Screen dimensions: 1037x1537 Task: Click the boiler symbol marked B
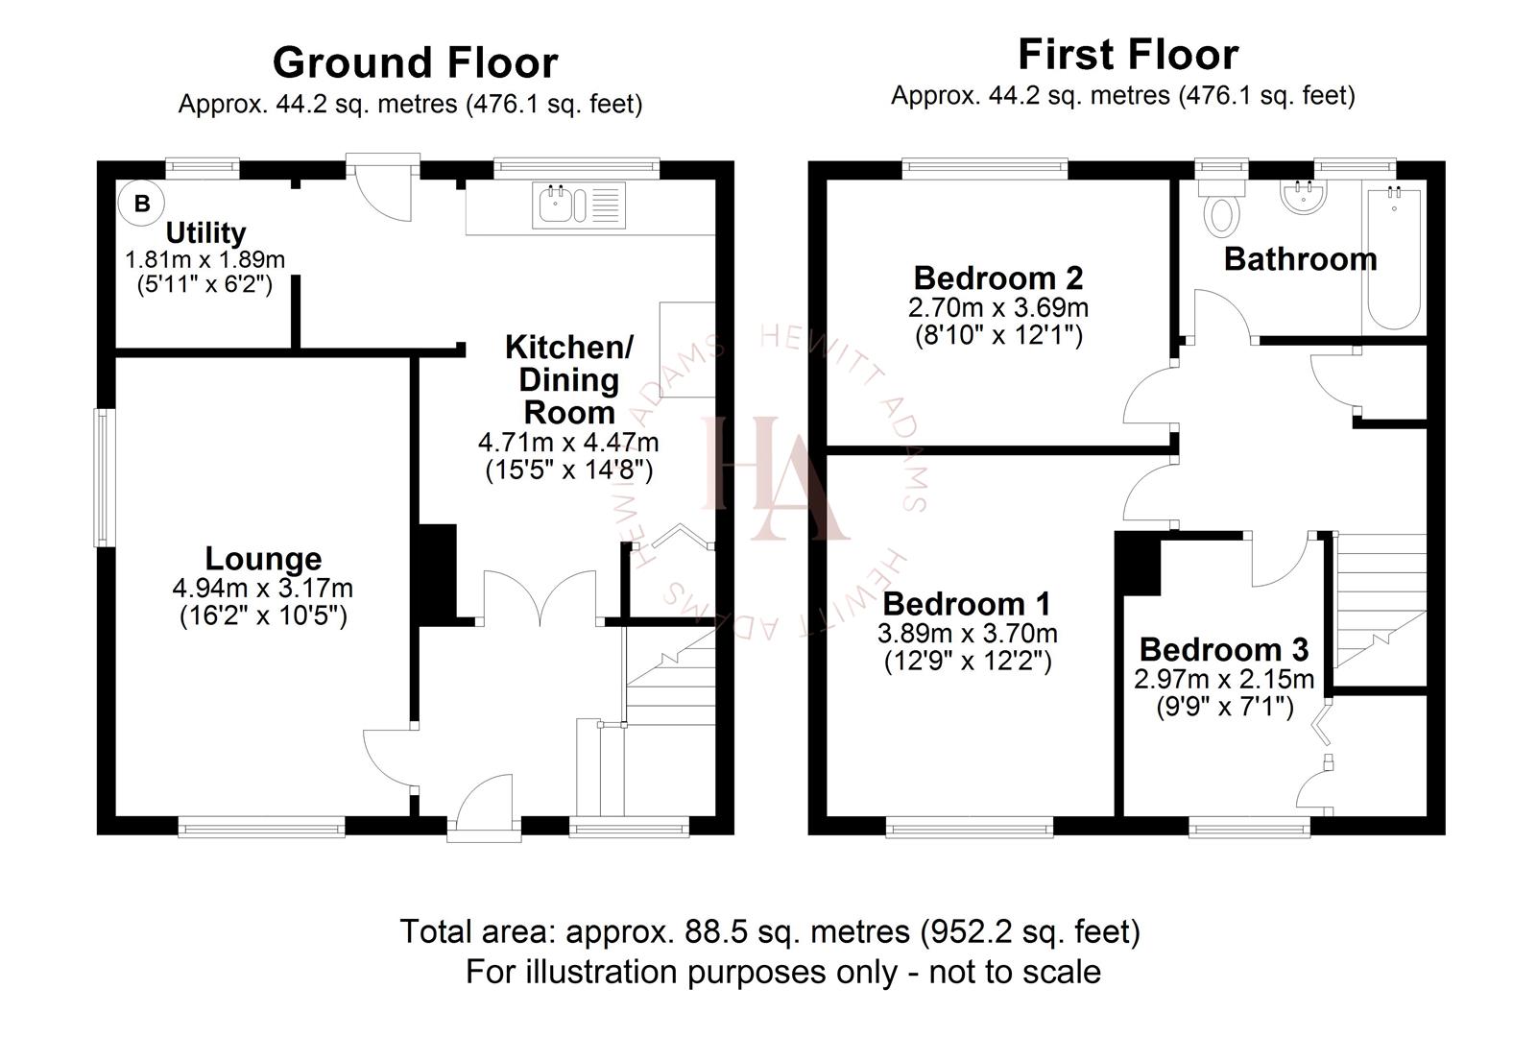(141, 204)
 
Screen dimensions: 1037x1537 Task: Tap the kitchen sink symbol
(578, 205)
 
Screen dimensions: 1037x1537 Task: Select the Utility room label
(205, 232)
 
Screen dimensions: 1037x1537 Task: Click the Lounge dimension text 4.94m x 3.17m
(262, 588)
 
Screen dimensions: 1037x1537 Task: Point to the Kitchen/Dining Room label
(568, 379)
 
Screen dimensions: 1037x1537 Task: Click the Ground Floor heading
(415, 62)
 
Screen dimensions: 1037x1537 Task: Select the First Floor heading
(1127, 55)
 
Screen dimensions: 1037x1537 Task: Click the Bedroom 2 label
(997, 277)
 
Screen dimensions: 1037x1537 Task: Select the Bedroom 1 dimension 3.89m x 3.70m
(967, 634)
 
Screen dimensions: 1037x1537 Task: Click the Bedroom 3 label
(1223, 650)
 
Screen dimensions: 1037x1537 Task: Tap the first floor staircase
(1378, 605)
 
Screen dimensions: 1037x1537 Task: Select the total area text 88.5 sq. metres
(769, 931)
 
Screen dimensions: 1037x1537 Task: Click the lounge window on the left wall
(104, 478)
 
